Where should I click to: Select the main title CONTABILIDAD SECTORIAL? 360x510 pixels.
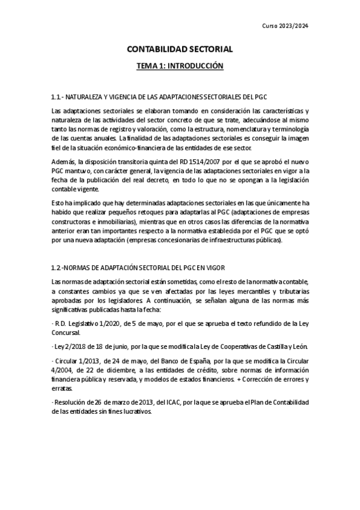coord(179,51)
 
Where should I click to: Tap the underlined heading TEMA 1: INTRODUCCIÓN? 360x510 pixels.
coord(180,66)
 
